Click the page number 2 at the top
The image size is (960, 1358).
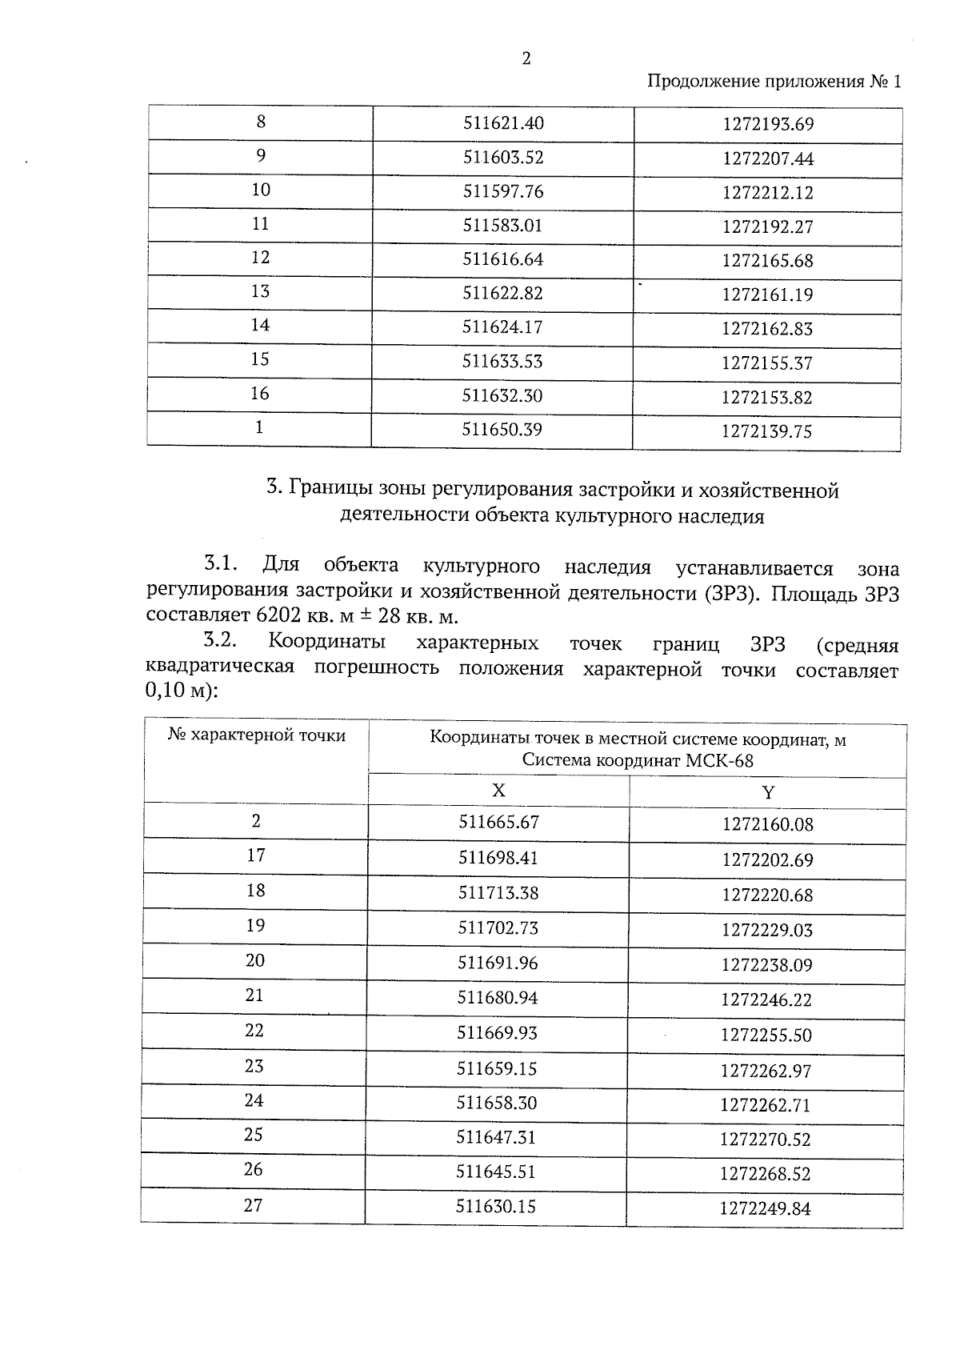(526, 58)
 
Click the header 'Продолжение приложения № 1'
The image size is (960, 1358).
(773, 82)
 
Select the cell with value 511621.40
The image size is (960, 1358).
(503, 123)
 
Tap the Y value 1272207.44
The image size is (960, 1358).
(767, 158)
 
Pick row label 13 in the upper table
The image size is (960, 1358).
(260, 291)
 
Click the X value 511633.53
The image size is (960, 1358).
(502, 362)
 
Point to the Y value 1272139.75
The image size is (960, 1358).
(766, 432)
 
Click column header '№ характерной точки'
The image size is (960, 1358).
(257, 735)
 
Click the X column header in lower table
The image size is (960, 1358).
(498, 791)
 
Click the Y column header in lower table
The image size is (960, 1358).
(768, 793)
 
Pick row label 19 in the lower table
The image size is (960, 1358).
(255, 926)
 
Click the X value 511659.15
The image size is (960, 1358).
(497, 1068)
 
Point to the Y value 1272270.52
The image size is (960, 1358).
(765, 1140)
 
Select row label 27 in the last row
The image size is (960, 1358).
(253, 1205)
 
